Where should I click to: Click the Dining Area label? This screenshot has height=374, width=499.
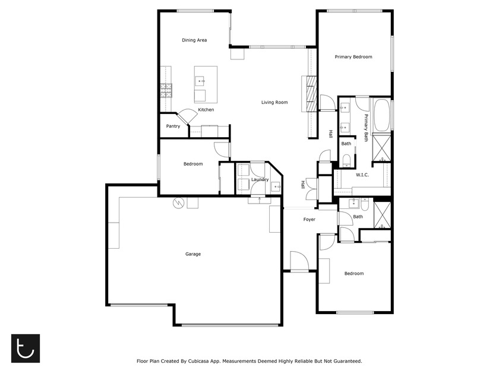[194, 40]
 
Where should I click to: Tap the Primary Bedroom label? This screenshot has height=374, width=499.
[353, 57]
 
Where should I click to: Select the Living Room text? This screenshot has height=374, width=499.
[274, 102]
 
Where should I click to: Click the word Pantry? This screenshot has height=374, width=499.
[173, 126]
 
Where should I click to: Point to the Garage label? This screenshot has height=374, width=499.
[193, 254]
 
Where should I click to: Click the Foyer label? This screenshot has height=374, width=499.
[309, 220]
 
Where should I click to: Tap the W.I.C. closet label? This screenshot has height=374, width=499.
[362, 175]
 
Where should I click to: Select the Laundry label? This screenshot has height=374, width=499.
[260, 180]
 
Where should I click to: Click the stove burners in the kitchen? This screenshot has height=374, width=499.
[166, 90]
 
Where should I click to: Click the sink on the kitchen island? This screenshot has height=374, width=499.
[200, 81]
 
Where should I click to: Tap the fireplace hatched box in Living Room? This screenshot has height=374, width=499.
[311, 93]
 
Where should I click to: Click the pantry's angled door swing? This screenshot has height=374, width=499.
[188, 116]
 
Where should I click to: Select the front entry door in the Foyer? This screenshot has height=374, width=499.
[299, 261]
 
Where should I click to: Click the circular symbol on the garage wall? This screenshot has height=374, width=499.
[178, 203]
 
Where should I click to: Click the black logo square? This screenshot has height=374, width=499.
[26, 348]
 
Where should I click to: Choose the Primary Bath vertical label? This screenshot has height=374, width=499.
[366, 128]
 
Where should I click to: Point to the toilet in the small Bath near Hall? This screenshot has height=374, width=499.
[346, 160]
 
